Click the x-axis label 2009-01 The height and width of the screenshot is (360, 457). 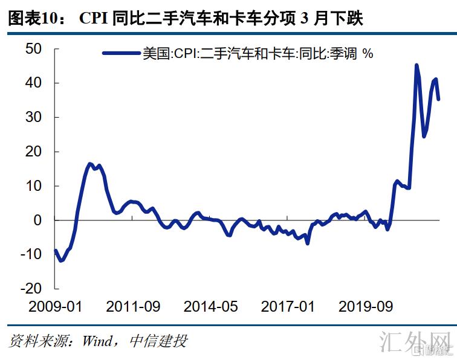pos(56,307)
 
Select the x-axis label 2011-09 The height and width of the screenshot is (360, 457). pos(133,307)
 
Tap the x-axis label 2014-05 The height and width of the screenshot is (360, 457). pos(210,307)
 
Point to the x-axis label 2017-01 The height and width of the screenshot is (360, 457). pos(288,307)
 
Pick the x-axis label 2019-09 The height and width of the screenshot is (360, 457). pos(365,307)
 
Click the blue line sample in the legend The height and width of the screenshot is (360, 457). pos(122,54)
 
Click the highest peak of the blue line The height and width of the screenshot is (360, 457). pos(416,65)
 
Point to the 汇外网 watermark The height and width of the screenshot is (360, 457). pos(417,342)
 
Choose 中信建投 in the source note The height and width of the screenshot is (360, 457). pos(158,341)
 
